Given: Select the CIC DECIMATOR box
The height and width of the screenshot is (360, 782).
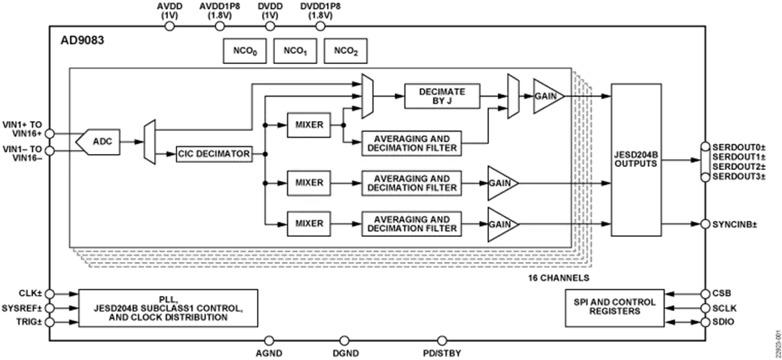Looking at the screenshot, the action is coord(213,154).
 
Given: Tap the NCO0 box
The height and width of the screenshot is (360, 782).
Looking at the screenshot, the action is coord(245,51).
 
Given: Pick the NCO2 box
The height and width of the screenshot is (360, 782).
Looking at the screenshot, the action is coord(345,51).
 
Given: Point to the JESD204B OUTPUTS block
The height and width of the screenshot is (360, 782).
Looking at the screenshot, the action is coord(636,160).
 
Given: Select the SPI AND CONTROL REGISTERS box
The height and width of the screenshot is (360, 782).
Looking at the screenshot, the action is coord(614,307).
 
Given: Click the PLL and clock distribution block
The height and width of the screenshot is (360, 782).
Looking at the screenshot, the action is coord(168,308).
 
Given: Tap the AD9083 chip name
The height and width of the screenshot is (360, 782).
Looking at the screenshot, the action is coord(82,41).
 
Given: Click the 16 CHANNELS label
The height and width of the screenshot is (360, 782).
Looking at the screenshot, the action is coord(559,277).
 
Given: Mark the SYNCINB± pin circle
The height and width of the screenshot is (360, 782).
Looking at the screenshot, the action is coord(705,225).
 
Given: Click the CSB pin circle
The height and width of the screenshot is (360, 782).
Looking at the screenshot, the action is coord(705,294).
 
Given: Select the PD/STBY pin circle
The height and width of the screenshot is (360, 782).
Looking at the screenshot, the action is coord(441,341).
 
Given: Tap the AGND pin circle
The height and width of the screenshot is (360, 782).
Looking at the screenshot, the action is coord(269,341).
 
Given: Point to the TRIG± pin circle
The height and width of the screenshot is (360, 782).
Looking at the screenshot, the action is coord(50,322).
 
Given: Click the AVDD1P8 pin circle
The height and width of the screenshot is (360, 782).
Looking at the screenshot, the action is coord(220,27).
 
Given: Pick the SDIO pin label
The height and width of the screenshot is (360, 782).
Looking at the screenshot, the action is coord(723,323).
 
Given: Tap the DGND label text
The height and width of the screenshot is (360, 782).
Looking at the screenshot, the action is coord(343,354).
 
